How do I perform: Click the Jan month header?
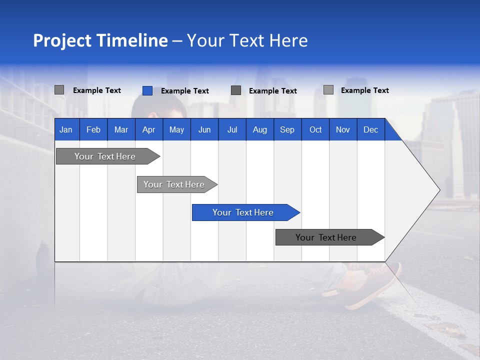66,129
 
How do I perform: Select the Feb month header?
93,129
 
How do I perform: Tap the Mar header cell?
121,129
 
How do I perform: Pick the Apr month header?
149,129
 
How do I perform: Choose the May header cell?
176,129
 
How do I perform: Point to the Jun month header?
204,129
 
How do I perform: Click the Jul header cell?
232,129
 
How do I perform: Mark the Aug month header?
260,129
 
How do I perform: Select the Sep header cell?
287,129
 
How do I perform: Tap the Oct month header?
315,129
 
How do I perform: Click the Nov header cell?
343,129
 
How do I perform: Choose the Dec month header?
371,129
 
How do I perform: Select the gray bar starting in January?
105,156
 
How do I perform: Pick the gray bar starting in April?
174,184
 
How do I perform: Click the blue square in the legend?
147,90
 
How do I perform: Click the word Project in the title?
61,40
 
